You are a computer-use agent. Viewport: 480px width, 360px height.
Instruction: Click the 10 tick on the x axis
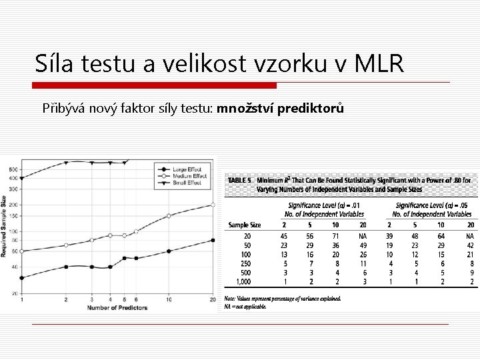click(x=169, y=300)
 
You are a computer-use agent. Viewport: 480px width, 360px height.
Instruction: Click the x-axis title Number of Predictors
click(x=117, y=307)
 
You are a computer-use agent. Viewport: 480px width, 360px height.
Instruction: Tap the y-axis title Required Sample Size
click(x=4, y=227)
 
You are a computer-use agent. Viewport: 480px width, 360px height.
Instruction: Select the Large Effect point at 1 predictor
click(x=22, y=277)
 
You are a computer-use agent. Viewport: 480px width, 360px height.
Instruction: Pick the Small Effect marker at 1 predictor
click(x=22, y=178)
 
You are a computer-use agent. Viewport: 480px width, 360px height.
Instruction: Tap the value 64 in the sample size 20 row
click(x=441, y=235)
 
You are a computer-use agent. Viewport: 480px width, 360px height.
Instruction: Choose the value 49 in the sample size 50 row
click(x=363, y=245)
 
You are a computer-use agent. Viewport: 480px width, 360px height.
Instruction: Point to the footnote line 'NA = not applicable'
click(x=246, y=307)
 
